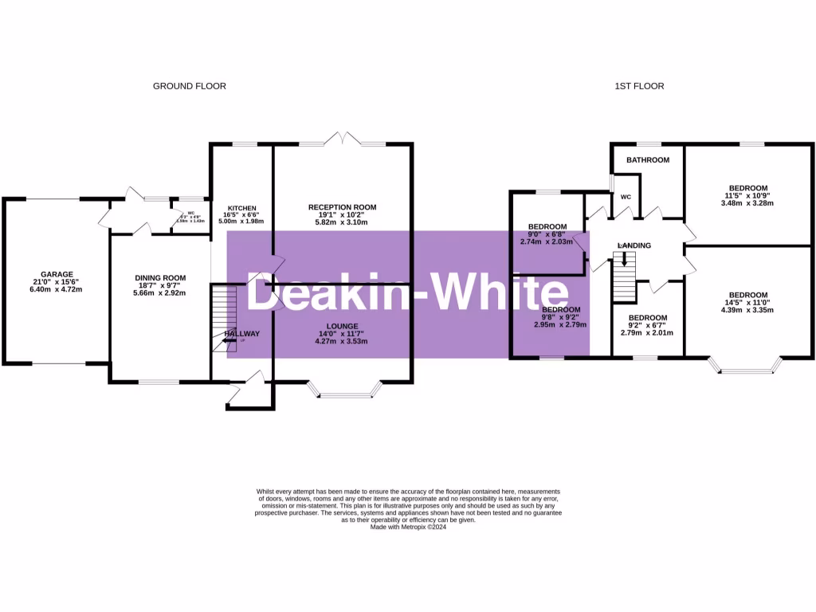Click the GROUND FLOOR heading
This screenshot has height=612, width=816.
[190, 86]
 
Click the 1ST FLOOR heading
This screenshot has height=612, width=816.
[640, 86]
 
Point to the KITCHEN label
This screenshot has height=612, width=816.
[241, 207]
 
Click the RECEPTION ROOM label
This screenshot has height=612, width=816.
[342, 207]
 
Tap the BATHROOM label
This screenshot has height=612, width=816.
[647, 160]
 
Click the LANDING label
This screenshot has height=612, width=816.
[634, 245]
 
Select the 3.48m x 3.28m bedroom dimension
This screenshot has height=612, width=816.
[747, 203]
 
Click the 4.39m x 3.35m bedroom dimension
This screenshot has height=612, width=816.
[748, 310]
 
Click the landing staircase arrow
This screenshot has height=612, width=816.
[624, 258]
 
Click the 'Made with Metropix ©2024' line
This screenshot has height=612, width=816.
[408, 527]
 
